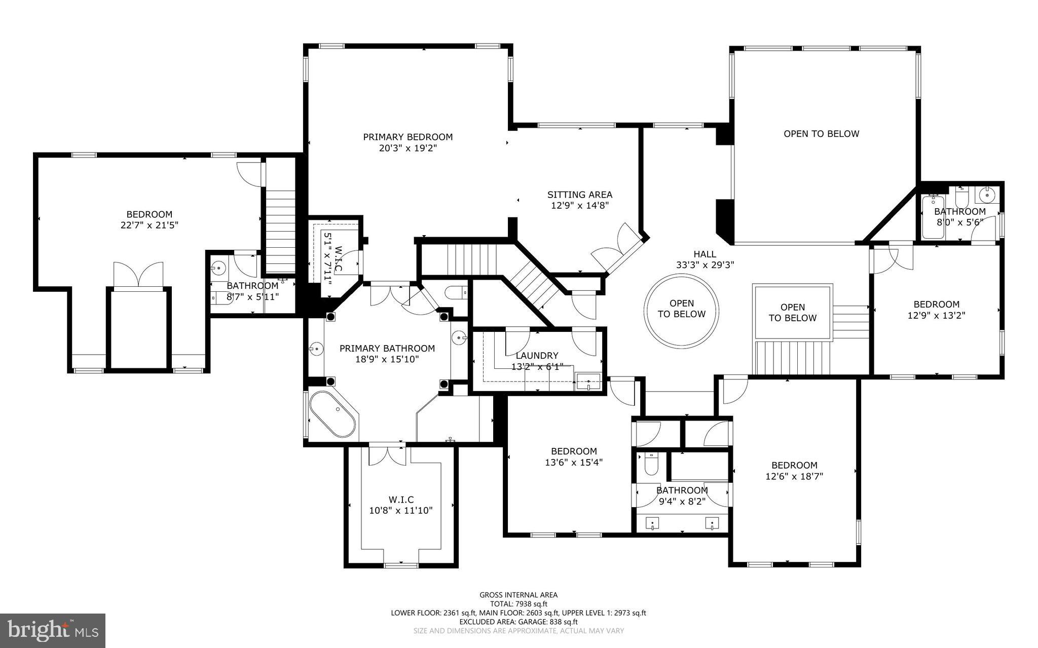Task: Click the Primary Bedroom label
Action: [x=407, y=137]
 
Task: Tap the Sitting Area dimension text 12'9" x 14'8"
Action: [x=579, y=206]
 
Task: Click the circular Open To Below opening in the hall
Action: [x=681, y=311]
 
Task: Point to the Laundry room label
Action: [x=537, y=356]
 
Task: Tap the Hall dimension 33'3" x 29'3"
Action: [x=705, y=264]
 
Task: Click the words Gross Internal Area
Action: [x=518, y=595]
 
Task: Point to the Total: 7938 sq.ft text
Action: [x=518, y=603]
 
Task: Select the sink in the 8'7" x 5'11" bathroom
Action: [x=219, y=268]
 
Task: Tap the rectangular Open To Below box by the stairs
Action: [x=792, y=312]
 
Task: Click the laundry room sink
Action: [x=588, y=381]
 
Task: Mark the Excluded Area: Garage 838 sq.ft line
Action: [x=518, y=622]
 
